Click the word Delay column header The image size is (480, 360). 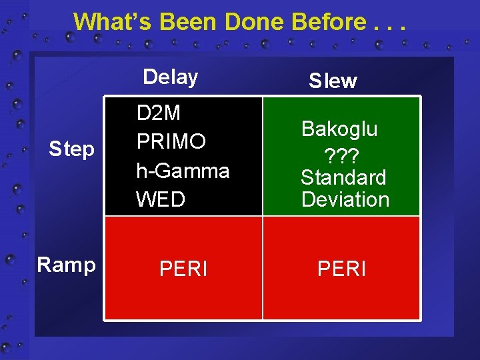171,77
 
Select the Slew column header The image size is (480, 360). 333,81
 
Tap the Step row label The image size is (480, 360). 72,150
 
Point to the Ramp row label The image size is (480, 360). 66,265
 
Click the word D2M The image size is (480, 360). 159,113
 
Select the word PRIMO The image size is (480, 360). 171,142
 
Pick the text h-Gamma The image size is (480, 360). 183,171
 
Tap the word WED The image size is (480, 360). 161,199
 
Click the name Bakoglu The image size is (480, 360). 339,129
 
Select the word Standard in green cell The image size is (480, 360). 343,177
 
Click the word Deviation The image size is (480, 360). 345,199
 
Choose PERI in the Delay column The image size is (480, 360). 183,269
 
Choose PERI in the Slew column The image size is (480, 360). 341,269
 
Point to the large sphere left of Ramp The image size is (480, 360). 11,260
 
